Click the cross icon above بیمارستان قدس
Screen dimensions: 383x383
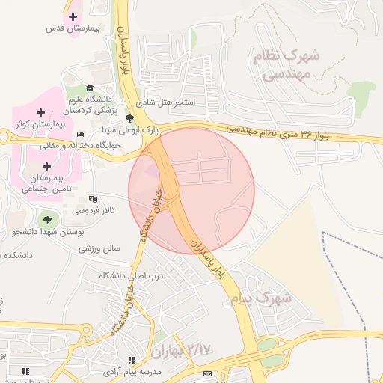tap(73, 16)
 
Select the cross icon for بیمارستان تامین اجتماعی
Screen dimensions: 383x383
tap(47, 166)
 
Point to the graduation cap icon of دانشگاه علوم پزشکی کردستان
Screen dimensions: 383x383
tap(90, 88)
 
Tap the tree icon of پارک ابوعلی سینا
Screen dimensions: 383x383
tap(130, 118)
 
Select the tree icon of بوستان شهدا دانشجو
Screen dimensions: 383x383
tap(47, 220)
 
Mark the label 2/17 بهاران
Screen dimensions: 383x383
tap(181, 350)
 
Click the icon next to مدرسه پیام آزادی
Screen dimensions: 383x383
tap(132, 361)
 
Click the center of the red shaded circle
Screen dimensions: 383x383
tap(191, 191)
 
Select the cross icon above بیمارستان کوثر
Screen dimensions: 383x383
tap(40, 111)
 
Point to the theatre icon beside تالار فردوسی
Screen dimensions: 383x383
tap(93, 199)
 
